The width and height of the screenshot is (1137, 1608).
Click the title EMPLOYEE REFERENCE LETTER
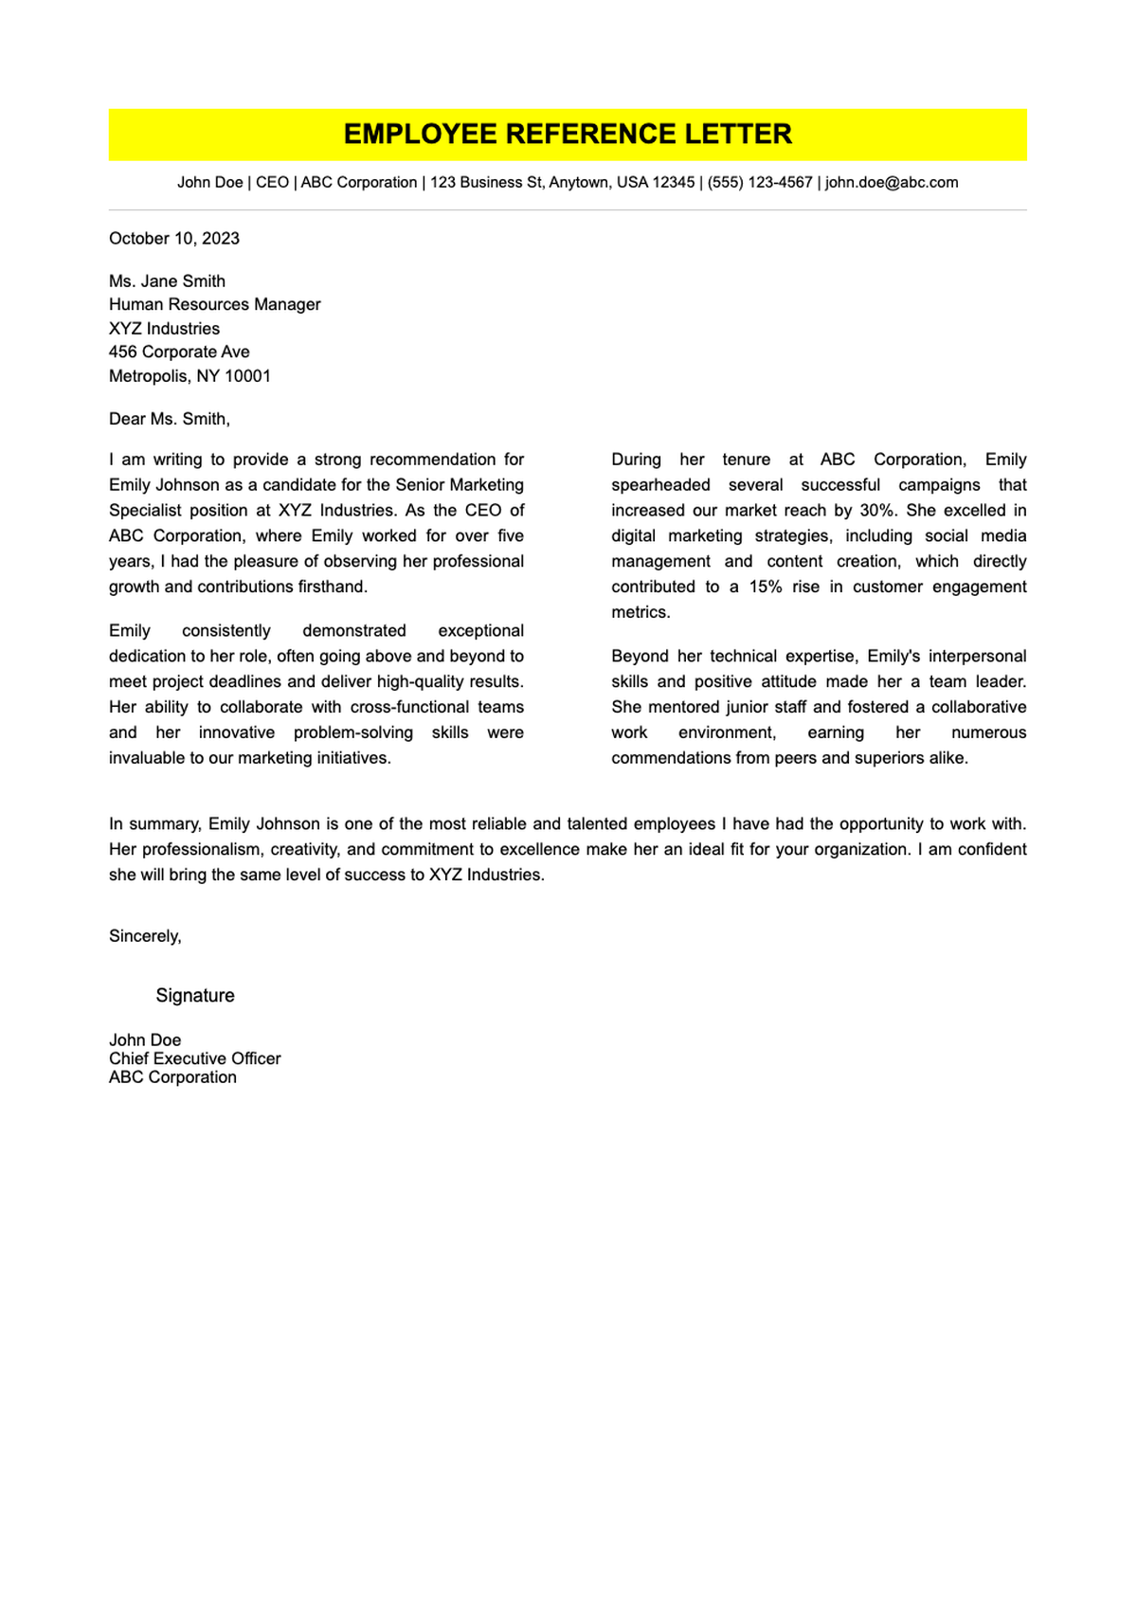(x=568, y=135)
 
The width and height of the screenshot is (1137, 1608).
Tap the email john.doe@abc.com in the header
(x=892, y=182)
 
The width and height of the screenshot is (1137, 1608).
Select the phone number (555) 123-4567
(x=760, y=182)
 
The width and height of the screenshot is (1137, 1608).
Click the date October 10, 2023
(x=174, y=239)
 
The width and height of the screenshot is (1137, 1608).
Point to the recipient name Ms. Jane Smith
(x=167, y=281)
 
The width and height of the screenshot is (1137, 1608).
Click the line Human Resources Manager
(x=214, y=305)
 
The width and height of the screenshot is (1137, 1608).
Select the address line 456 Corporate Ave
(x=179, y=352)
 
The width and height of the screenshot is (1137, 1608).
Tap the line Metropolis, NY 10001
(x=189, y=376)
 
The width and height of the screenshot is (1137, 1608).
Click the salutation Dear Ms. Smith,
(x=170, y=419)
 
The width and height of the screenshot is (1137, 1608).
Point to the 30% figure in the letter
(x=877, y=511)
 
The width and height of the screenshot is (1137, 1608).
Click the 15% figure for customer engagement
(x=766, y=587)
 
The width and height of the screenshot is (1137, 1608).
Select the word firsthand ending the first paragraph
(x=331, y=587)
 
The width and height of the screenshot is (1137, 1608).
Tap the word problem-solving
(x=353, y=733)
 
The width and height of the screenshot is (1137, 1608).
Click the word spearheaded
(x=660, y=485)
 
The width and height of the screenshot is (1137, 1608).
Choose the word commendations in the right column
(x=669, y=759)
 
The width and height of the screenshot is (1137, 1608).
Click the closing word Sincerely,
(x=145, y=936)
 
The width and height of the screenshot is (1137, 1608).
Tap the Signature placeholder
(x=195, y=996)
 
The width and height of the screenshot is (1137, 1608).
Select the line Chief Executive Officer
(x=194, y=1059)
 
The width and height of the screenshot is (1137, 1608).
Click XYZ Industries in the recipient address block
(x=164, y=329)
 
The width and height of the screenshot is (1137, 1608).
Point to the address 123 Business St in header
(x=485, y=182)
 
